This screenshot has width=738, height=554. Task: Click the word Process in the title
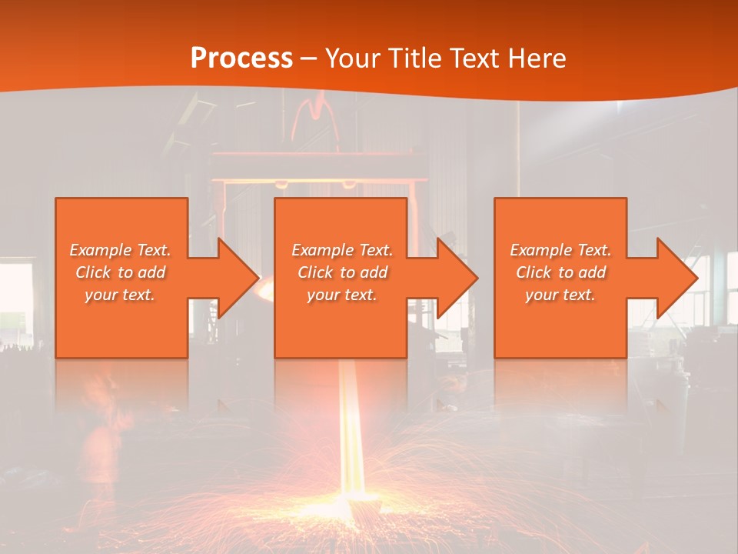click(241, 58)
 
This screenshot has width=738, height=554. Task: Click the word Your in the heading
click(352, 58)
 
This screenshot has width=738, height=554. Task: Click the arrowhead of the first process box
click(235, 278)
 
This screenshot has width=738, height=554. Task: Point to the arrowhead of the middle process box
click(454, 278)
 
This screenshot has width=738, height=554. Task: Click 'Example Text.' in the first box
click(121, 250)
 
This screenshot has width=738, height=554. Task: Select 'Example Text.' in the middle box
click(342, 250)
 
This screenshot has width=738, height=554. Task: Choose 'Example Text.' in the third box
click(560, 250)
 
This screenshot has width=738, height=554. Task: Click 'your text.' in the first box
click(120, 295)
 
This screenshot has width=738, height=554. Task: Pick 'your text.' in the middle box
click(341, 295)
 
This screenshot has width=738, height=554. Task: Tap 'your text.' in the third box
click(560, 295)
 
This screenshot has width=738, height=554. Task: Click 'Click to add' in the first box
click(121, 272)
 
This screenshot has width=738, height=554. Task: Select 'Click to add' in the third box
click(560, 272)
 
